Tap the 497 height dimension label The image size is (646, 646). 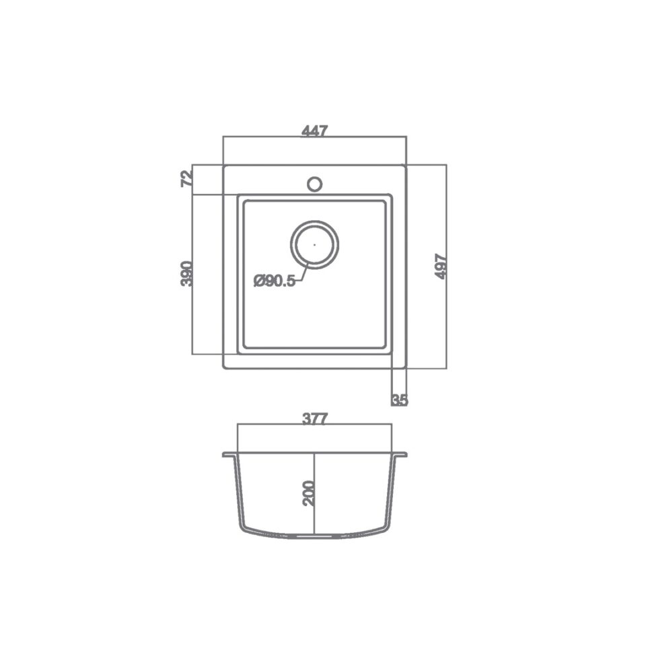coord(441,266)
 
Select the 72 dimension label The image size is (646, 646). coord(186,178)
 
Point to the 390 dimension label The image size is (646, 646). coord(186,274)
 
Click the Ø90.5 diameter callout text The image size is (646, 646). coord(275,281)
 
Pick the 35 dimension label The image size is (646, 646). coord(399,400)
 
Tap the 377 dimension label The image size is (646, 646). coord(314,419)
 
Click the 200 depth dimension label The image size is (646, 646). coord(308,493)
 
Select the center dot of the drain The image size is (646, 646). coord(314,244)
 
